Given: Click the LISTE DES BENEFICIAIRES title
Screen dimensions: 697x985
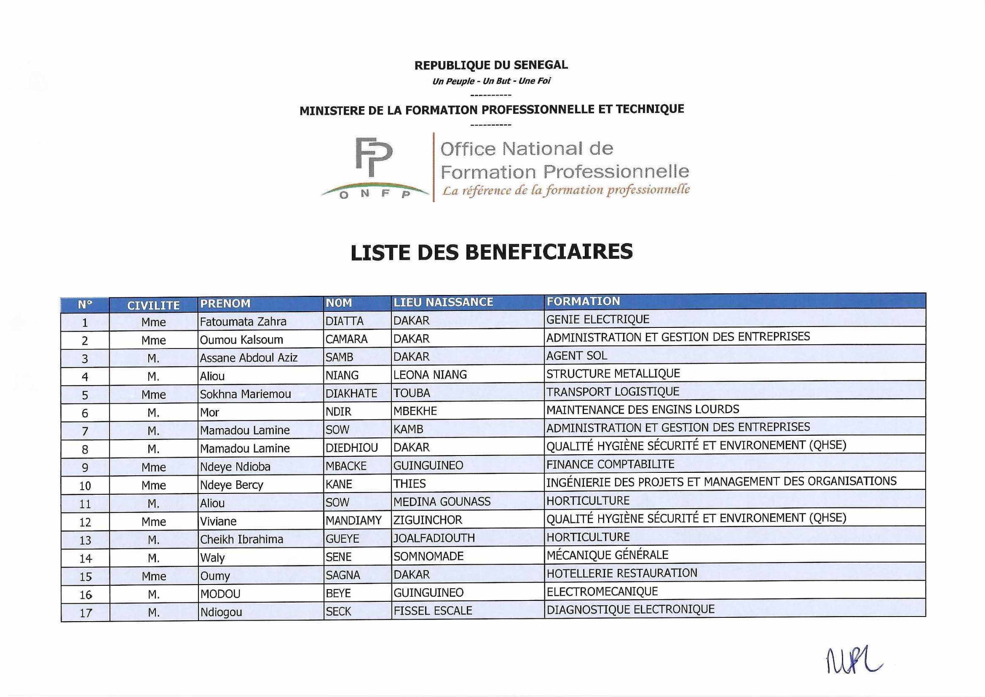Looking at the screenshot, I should [x=492, y=252].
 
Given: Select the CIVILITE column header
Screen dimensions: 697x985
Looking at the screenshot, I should [x=153, y=305].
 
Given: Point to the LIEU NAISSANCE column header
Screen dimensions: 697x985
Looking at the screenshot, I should [x=443, y=302].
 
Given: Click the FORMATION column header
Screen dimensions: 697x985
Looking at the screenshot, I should [x=583, y=301].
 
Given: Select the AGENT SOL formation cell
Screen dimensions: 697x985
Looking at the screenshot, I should [x=577, y=355].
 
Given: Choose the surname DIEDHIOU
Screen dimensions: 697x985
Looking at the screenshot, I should [x=351, y=448].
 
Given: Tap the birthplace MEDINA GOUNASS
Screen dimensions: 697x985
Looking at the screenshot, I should [x=442, y=501].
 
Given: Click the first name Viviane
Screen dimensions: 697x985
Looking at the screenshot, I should [x=218, y=521].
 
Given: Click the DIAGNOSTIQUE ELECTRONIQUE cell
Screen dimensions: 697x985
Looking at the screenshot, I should [x=630, y=609].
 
